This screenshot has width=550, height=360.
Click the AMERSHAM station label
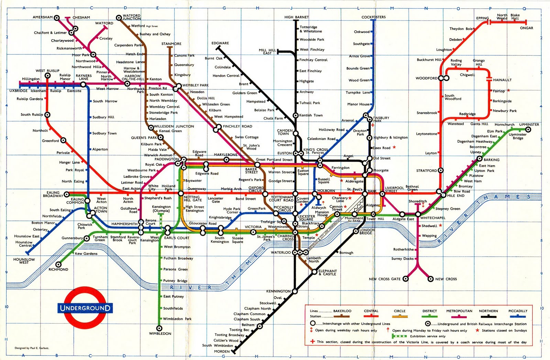click(x=43, y=17)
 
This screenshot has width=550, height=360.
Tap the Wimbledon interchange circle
click(x=159, y=328)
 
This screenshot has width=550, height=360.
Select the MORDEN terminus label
click(x=222, y=351)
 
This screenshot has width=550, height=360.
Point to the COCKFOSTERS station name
click(x=373, y=17)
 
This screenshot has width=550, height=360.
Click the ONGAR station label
click(x=526, y=28)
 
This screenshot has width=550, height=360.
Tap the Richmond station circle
click(x=58, y=264)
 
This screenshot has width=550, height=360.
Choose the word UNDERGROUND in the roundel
click(x=85, y=308)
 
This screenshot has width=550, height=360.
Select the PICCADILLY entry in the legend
click(x=518, y=311)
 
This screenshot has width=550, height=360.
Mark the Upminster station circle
click(x=528, y=130)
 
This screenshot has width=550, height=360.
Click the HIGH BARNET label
click(x=296, y=17)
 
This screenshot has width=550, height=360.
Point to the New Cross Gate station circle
click(x=406, y=279)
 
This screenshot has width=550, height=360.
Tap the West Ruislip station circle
click(x=48, y=76)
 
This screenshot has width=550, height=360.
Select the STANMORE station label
click(x=171, y=44)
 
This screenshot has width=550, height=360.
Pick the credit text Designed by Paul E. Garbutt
click(x=32, y=348)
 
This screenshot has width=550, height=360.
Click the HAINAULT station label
click(x=502, y=80)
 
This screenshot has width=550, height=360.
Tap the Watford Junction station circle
click(x=119, y=17)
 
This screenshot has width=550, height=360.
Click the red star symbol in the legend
click(x=477, y=330)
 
